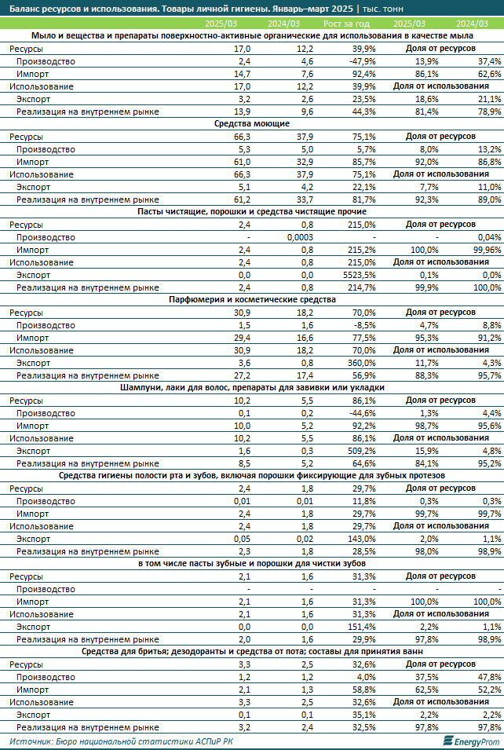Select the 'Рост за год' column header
(347, 24)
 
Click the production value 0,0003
(300, 237)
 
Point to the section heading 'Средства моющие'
(252, 124)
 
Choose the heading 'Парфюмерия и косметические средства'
(252, 300)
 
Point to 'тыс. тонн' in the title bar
(382, 9)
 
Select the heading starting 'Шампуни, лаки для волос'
(252, 388)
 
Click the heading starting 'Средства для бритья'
(252, 652)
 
